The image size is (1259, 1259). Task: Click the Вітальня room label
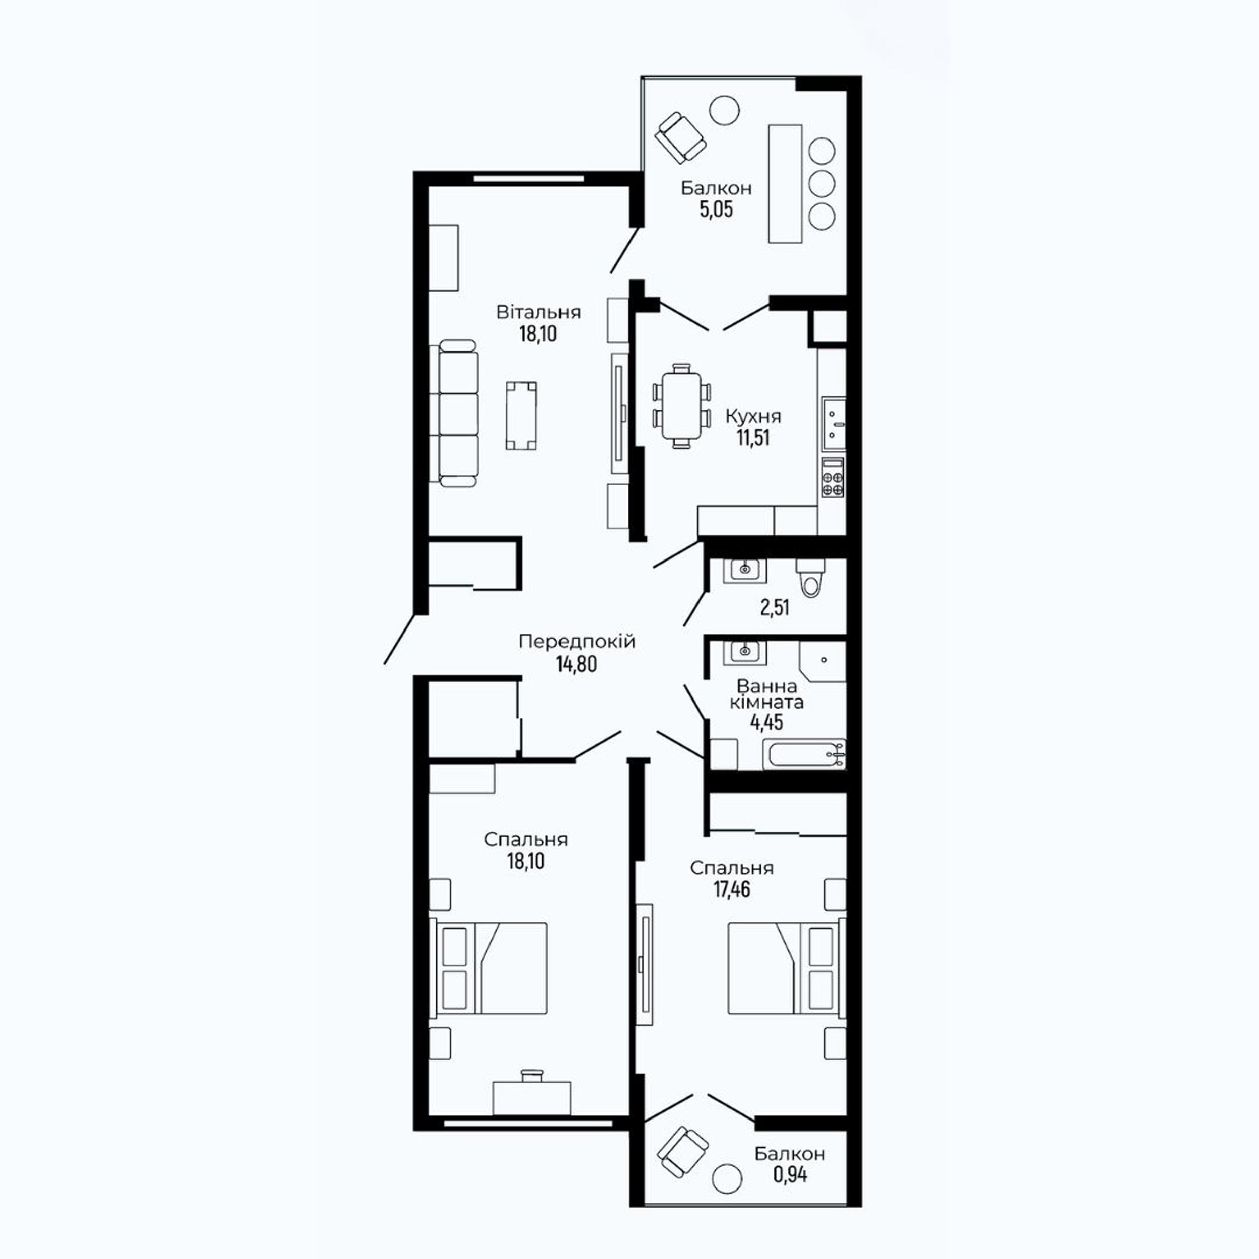(538, 312)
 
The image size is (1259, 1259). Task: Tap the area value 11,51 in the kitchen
(753, 437)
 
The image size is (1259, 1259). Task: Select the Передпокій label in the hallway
(577, 642)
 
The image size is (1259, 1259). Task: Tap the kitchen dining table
(681, 405)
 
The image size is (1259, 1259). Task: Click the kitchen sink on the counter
(833, 424)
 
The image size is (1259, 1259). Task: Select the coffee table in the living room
(521, 416)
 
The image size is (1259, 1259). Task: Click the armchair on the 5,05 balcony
(680, 138)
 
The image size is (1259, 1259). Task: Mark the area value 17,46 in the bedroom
(732, 889)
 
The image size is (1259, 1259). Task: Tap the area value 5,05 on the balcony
(716, 210)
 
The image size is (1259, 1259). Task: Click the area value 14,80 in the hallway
(577, 664)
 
